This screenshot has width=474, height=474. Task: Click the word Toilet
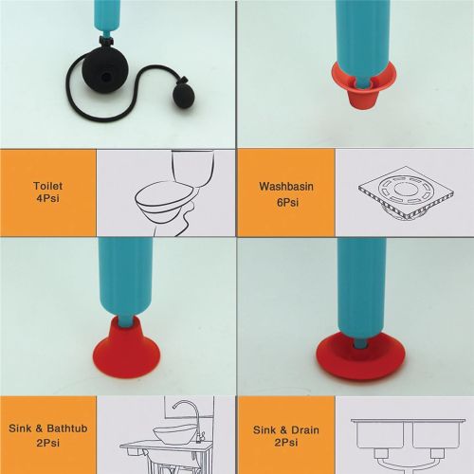pyautogui.click(x=47, y=186)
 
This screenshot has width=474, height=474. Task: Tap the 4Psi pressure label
pyautogui.click(x=47, y=199)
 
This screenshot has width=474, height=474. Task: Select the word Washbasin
pyautogui.click(x=286, y=186)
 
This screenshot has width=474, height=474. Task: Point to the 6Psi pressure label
pyautogui.click(x=287, y=203)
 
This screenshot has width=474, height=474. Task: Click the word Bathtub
pyautogui.click(x=67, y=428)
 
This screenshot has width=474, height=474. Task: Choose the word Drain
pyautogui.click(x=305, y=430)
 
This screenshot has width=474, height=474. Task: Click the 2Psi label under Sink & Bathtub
pyautogui.click(x=47, y=443)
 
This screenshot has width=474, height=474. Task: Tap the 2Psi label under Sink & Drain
pyautogui.click(x=286, y=443)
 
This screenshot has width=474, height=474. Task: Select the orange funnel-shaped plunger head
pyautogui.click(x=363, y=83)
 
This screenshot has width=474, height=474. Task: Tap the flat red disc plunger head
pyautogui.click(x=360, y=355)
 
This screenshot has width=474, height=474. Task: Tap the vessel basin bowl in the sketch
pyautogui.click(x=174, y=434)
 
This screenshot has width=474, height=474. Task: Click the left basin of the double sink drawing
pyautogui.click(x=380, y=433)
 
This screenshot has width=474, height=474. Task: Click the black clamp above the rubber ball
pyautogui.click(x=106, y=41)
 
